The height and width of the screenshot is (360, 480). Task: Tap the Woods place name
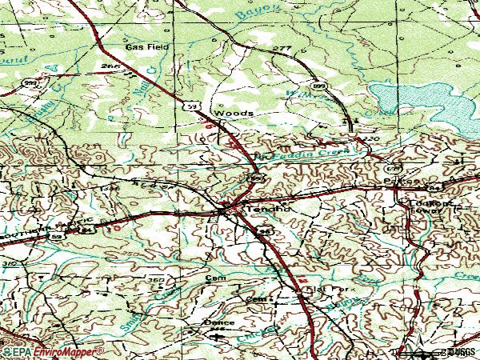tap(238, 114)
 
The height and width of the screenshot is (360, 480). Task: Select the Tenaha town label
tap(266, 210)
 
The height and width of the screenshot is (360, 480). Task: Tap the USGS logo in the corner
tap(455, 351)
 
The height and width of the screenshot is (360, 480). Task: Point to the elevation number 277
tap(281, 50)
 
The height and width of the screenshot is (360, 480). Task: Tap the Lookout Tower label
tap(432, 210)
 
